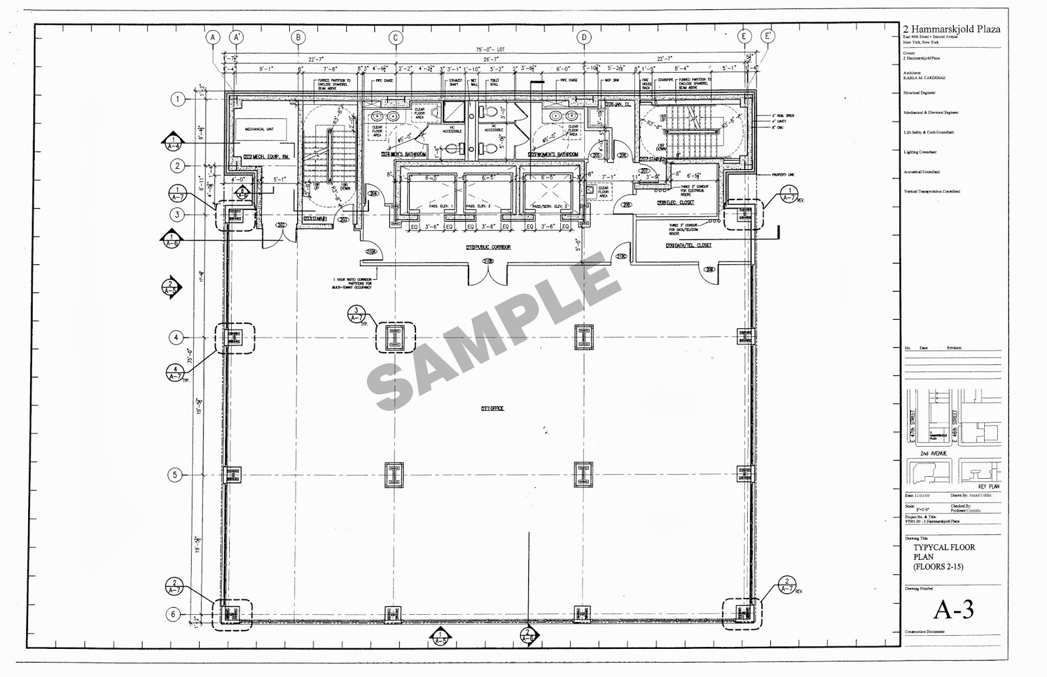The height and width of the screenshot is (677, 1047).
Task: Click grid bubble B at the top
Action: (298, 38)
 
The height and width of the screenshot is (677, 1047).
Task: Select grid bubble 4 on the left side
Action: (176, 338)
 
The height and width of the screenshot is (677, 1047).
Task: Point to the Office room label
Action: (492, 408)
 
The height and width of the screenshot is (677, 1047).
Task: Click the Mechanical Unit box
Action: (260, 130)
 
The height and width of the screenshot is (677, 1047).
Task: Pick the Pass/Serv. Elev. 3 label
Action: (550, 207)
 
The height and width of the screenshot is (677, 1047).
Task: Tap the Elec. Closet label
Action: (676, 203)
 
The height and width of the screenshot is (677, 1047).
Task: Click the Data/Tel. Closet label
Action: (688, 245)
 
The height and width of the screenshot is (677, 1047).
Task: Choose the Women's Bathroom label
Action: (554, 154)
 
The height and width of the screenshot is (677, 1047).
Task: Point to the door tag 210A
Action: (371, 251)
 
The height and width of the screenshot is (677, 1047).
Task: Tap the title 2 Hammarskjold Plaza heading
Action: (951, 29)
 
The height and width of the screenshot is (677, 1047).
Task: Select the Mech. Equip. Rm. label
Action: (258, 156)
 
